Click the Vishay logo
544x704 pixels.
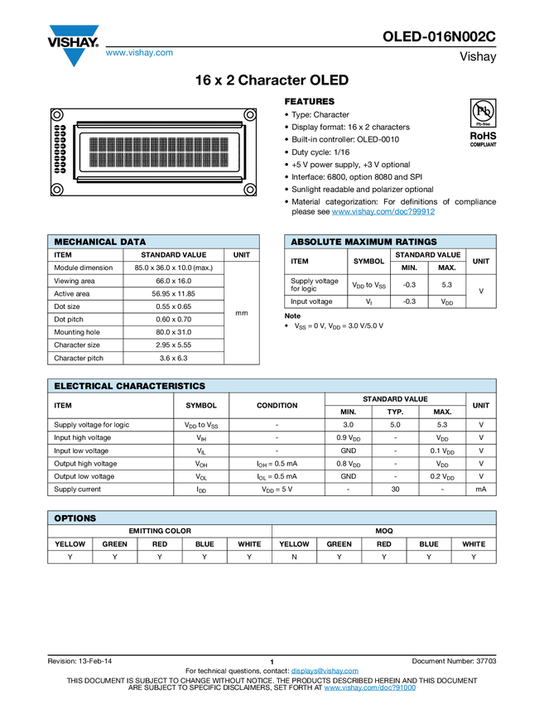[73, 46]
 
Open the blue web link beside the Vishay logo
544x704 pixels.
[139, 53]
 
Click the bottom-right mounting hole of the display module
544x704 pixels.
[248, 190]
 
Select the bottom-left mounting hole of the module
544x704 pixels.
[57, 190]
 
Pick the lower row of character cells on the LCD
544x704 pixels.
[158, 158]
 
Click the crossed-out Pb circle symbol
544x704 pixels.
[483, 111]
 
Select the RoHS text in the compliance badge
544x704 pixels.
[483, 134]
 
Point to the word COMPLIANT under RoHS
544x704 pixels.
[483, 145]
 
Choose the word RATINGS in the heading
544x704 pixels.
[416, 243]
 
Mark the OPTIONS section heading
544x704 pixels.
[75, 518]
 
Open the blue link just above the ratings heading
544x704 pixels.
[383, 212]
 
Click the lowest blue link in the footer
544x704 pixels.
[369, 688]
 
